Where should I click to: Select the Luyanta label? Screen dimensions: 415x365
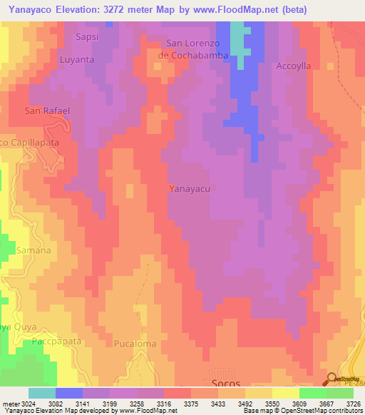[x=77, y=60]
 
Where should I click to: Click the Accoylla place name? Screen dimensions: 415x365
[x=294, y=66]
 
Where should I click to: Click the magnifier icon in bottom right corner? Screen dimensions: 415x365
[x=332, y=379]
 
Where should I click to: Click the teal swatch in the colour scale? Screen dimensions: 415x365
[x=42, y=393]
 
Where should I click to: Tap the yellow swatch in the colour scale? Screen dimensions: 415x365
[x=285, y=393]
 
